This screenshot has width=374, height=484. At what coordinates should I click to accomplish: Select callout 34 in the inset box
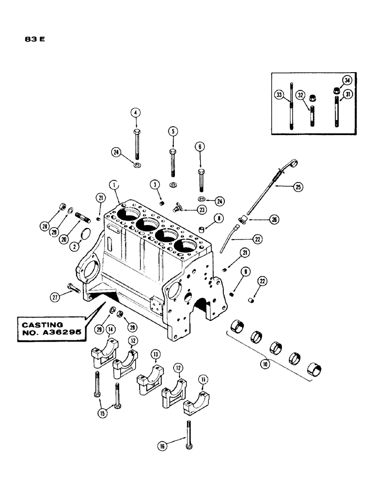(x=346, y=80)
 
